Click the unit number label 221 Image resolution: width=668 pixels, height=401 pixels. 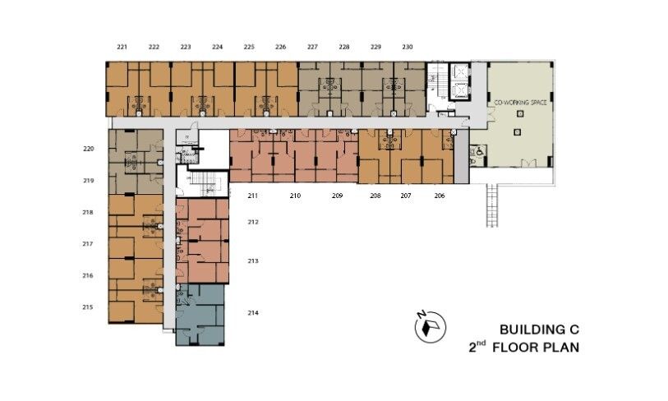pyautogui.click(x=122, y=47)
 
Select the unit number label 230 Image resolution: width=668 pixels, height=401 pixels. pyautogui.click(x=408, y=47)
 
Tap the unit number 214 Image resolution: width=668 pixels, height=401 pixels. pyautogui.click(x=253, y=313)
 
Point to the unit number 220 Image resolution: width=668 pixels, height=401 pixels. pyautogui.click(x=89, y=149)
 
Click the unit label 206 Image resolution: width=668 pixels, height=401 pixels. pyautogui.click(x=440, y=196)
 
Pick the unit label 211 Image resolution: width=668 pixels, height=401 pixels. pyautogui.click(x=253, y=196)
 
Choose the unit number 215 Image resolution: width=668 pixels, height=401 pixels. pyautogui.click(x=88, y=307)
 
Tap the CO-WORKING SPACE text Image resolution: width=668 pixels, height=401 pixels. pyautogui.click(x=520, y=104)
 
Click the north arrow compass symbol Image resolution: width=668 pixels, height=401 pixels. pyautogui.click(x=428, y=327)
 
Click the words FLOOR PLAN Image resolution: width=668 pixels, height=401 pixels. pyautogui.click(x=540, y=348)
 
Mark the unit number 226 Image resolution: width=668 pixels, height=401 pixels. pyautogui.click(x=281, y=47)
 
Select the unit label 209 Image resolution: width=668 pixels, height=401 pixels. pyautogui.click(x=337, y=196)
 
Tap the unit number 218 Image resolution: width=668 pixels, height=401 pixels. pyautogui.click(x=88, y=212)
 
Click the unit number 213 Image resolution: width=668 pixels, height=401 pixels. pyautogui.click(x=253, y=260)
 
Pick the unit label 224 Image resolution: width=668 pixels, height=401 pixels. pyautogui.click(x=217, y=47)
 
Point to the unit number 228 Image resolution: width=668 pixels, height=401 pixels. pyautogui.click(x=344, y=47)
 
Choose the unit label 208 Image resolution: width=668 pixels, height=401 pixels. pyautogui.click(x=375, y=196)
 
